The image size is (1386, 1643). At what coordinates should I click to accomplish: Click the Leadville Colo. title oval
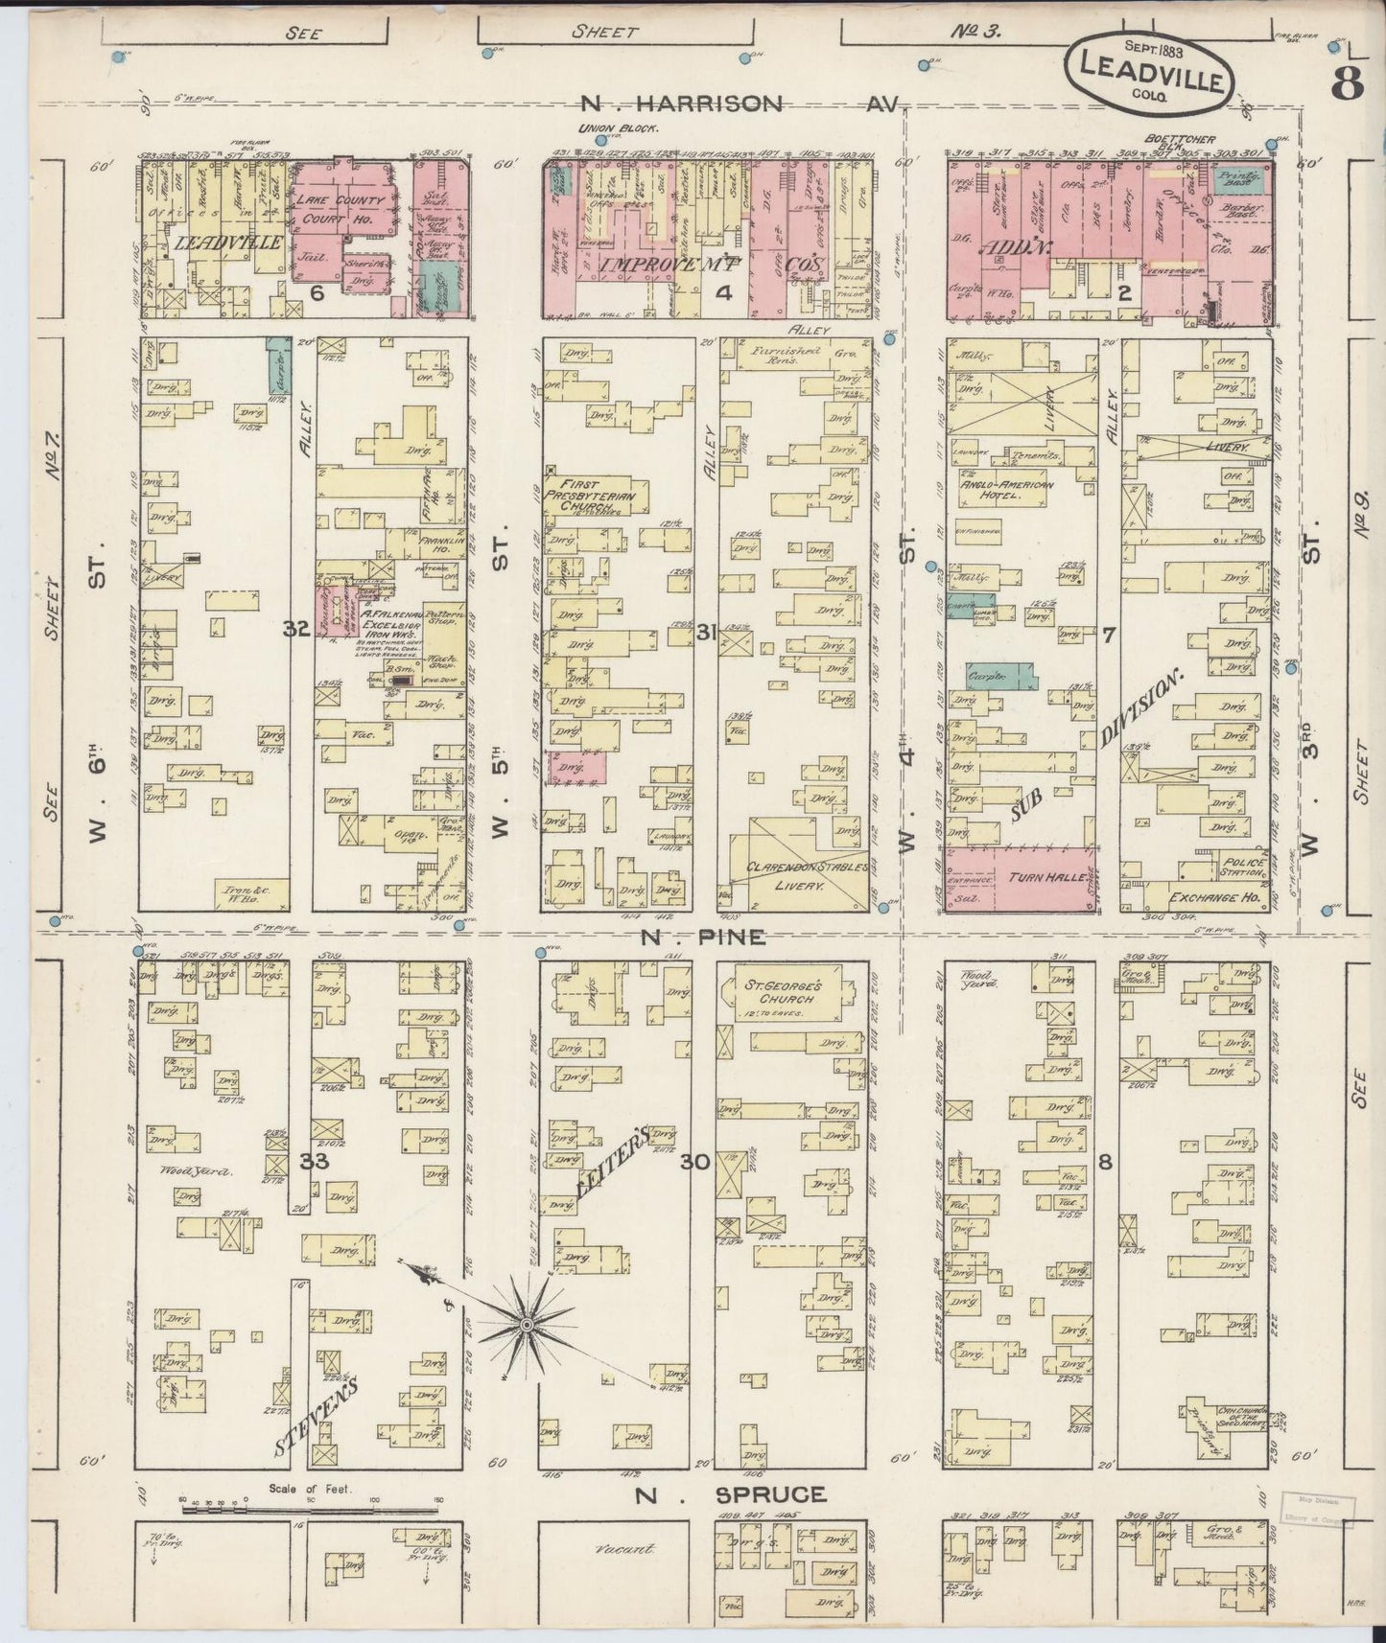(1147, 74)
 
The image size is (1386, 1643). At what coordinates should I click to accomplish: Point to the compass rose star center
(525, 1326)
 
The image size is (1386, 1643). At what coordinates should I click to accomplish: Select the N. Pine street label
(703, 937)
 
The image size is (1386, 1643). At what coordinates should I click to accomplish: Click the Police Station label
(1244, 868)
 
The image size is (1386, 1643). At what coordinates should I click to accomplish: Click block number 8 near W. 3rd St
(1106, 1163)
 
